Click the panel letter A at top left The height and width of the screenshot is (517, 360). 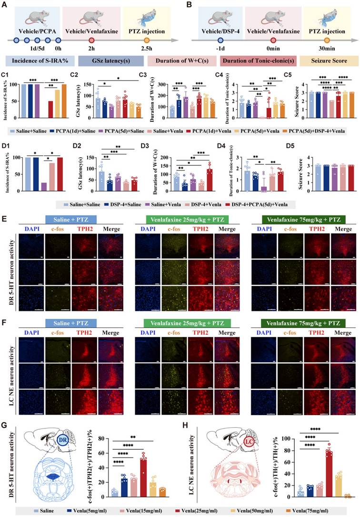pyautogui.click(x=6, y=6)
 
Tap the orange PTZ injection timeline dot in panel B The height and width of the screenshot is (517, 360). pyautogui.click(x=327, y=41)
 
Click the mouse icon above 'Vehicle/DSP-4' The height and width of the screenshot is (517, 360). pyautogui.click(x=220, y=15)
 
